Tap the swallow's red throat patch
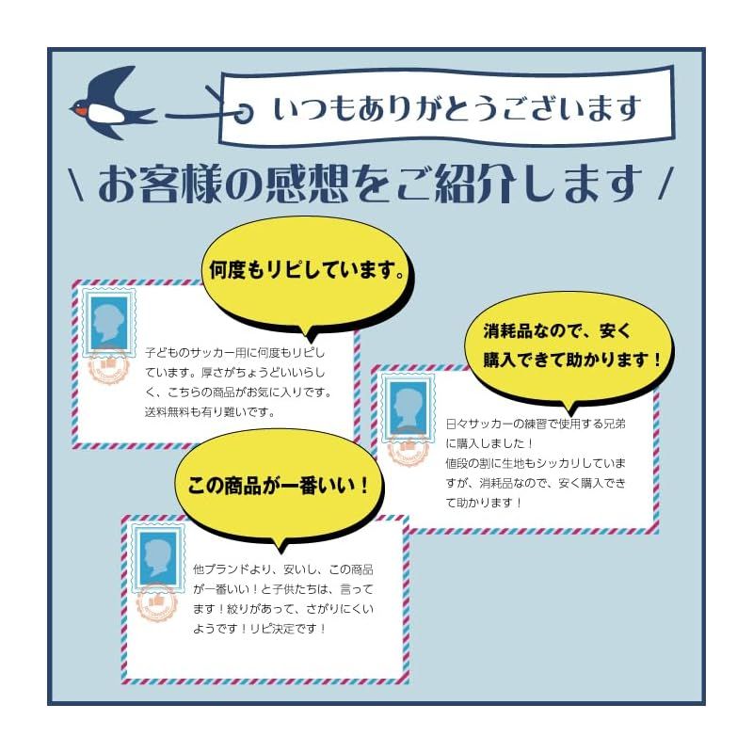click(83, 112)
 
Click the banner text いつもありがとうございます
click(457, 107)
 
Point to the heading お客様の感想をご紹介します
click(370, 184)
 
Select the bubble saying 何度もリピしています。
click(308, 271)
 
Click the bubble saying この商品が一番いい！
click(279, 486)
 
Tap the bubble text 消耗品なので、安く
click(556, 331)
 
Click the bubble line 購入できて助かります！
click(571, 360)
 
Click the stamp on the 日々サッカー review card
click(409, 408)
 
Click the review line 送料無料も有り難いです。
click(209, 412)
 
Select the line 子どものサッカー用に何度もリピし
click(234, 353)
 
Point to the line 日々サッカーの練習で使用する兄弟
click(536, 425)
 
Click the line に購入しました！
click(489, 443)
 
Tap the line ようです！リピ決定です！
click(260, 629)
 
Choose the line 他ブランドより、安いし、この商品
click(283, 569)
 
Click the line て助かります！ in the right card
click(484, 503)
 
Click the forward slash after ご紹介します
click(666, 183)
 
